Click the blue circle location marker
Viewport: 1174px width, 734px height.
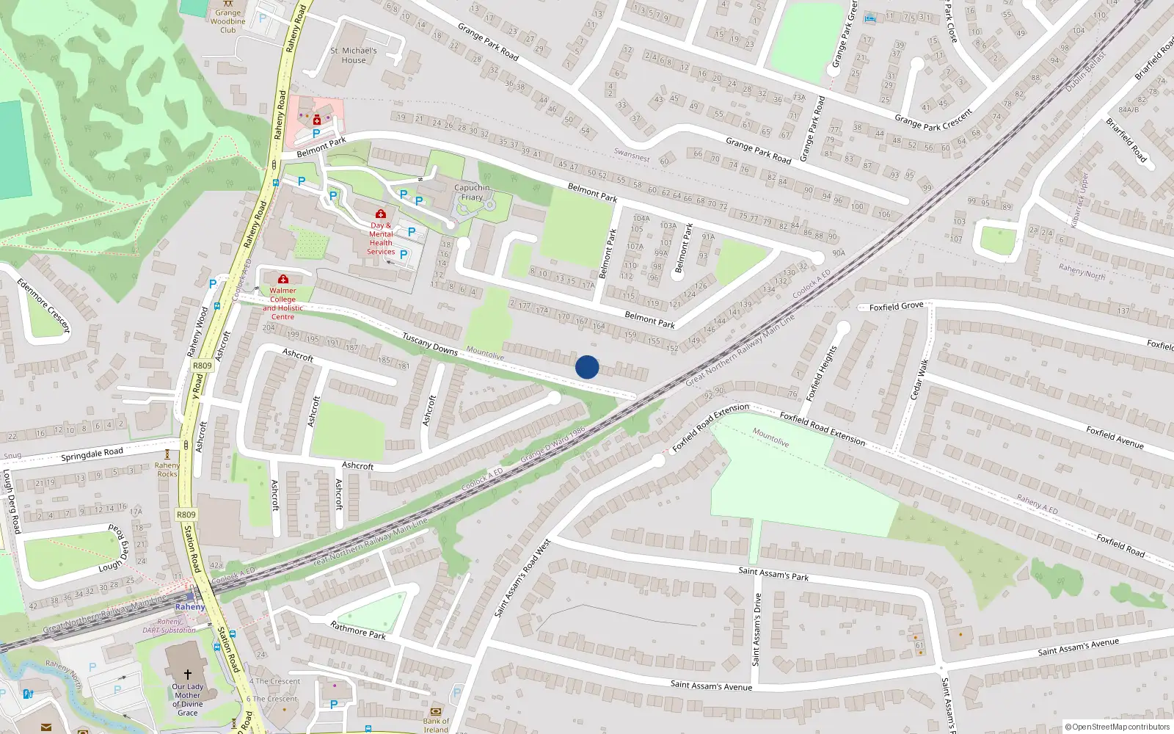click(587, 367)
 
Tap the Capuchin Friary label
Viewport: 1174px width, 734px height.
click(472, 192)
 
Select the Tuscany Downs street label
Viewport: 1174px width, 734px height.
click(430, 343)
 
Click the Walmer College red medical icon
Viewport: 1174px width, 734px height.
click(283, 279)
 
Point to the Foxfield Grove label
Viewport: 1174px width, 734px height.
click(896, 307)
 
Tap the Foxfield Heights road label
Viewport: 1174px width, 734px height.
click(821, 373)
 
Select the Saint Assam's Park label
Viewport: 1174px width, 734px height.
click(773, 574)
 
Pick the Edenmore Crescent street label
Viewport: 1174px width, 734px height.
click(43, 305)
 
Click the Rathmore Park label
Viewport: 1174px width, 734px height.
click(358, 630)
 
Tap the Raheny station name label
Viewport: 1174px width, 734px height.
click(190, 607)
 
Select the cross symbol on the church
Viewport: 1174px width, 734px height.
click(187, 674)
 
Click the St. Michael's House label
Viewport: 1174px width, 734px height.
click(354, 55)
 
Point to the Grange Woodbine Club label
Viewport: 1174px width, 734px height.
click(228, 21)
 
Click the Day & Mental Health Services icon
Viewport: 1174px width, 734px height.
click(380, 214)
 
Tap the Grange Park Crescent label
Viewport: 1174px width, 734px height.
click(933, 119)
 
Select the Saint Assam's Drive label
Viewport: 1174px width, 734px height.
click(756, 629)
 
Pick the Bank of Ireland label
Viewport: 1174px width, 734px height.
click(436, 725)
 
